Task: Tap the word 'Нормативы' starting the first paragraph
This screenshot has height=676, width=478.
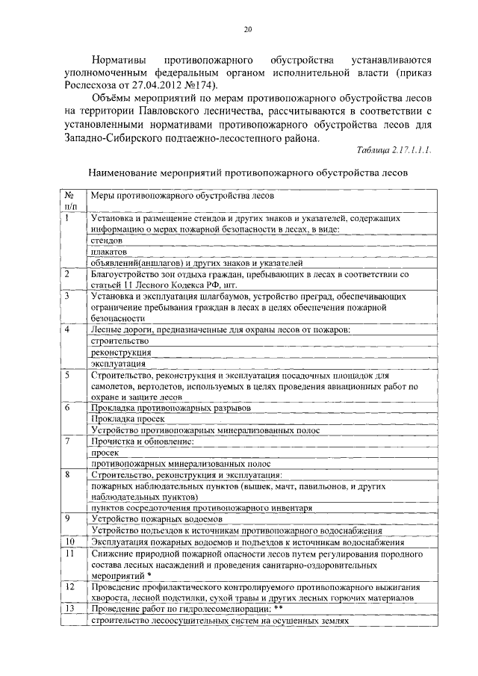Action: (122, 58)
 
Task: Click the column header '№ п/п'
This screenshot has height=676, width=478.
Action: (71, 200)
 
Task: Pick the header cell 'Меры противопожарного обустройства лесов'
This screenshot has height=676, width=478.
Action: (182, 196)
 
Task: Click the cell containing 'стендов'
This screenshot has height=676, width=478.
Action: (107, 241)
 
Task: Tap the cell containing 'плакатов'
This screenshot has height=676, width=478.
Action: (109, 252)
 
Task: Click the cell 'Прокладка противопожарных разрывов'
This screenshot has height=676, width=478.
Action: (171, 408)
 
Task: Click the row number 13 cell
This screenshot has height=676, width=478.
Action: (70, 609)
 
